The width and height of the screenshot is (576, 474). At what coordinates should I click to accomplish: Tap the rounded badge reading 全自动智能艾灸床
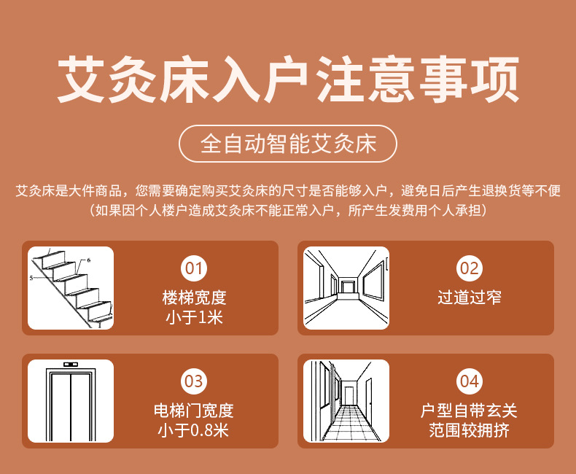point(288,143)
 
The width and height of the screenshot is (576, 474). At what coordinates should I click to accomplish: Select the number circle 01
point(193,268)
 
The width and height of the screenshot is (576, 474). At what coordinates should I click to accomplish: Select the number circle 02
point(469,268)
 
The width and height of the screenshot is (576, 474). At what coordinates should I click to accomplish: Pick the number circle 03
point(193,381)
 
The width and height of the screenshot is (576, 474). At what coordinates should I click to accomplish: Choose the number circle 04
point(469,381)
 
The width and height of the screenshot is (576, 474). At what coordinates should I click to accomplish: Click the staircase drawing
point(71,288)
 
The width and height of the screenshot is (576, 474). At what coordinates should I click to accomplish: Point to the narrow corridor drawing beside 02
point(346,288)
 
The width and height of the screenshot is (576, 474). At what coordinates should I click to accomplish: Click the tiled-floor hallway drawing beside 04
point(346,401)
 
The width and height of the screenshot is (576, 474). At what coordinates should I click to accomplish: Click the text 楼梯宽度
point(193,298)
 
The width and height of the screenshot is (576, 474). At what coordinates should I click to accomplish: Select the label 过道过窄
point(469,298)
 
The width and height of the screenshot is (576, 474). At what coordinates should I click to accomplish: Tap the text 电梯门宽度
point(193,411)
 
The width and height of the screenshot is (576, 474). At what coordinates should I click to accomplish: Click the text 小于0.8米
point(193,430)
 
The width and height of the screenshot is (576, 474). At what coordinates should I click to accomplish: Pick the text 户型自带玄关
point(469,411)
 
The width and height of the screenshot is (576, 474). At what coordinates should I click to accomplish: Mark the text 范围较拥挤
point(469,430)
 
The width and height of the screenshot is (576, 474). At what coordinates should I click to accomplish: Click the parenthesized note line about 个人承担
point(288,211)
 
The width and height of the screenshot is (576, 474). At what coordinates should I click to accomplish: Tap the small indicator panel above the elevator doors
point(71,364)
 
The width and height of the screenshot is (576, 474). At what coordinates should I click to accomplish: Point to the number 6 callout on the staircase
point(88,260)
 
